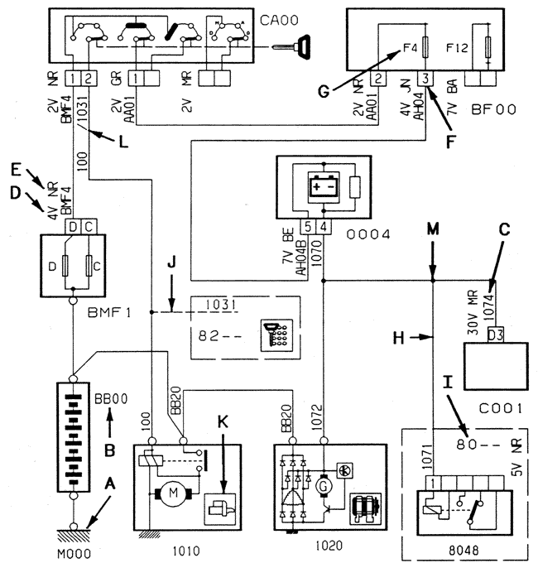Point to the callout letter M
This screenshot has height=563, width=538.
pyautogui.click(x=432, y=229)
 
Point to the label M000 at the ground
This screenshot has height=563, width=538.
pyautogui.click(x=75, y=551)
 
